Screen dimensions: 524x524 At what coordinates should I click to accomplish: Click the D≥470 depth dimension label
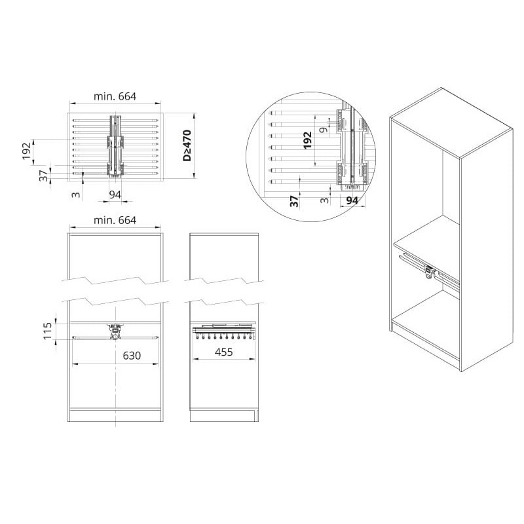[187, 145]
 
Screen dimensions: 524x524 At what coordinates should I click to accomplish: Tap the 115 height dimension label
[48, 330]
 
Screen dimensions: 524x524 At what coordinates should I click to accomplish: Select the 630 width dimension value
[132, 356]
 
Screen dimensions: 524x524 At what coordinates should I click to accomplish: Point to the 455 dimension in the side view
[223, 352]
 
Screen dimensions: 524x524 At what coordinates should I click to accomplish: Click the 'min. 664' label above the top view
[115, 96]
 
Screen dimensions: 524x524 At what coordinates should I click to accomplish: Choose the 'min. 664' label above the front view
[115, 221]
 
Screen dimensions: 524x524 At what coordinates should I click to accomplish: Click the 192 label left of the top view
[27, 151]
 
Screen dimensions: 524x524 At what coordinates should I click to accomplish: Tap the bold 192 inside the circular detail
[307, 140]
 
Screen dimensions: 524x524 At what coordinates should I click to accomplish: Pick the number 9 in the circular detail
[324, 129]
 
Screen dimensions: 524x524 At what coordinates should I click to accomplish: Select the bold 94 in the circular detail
[352, 201]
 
